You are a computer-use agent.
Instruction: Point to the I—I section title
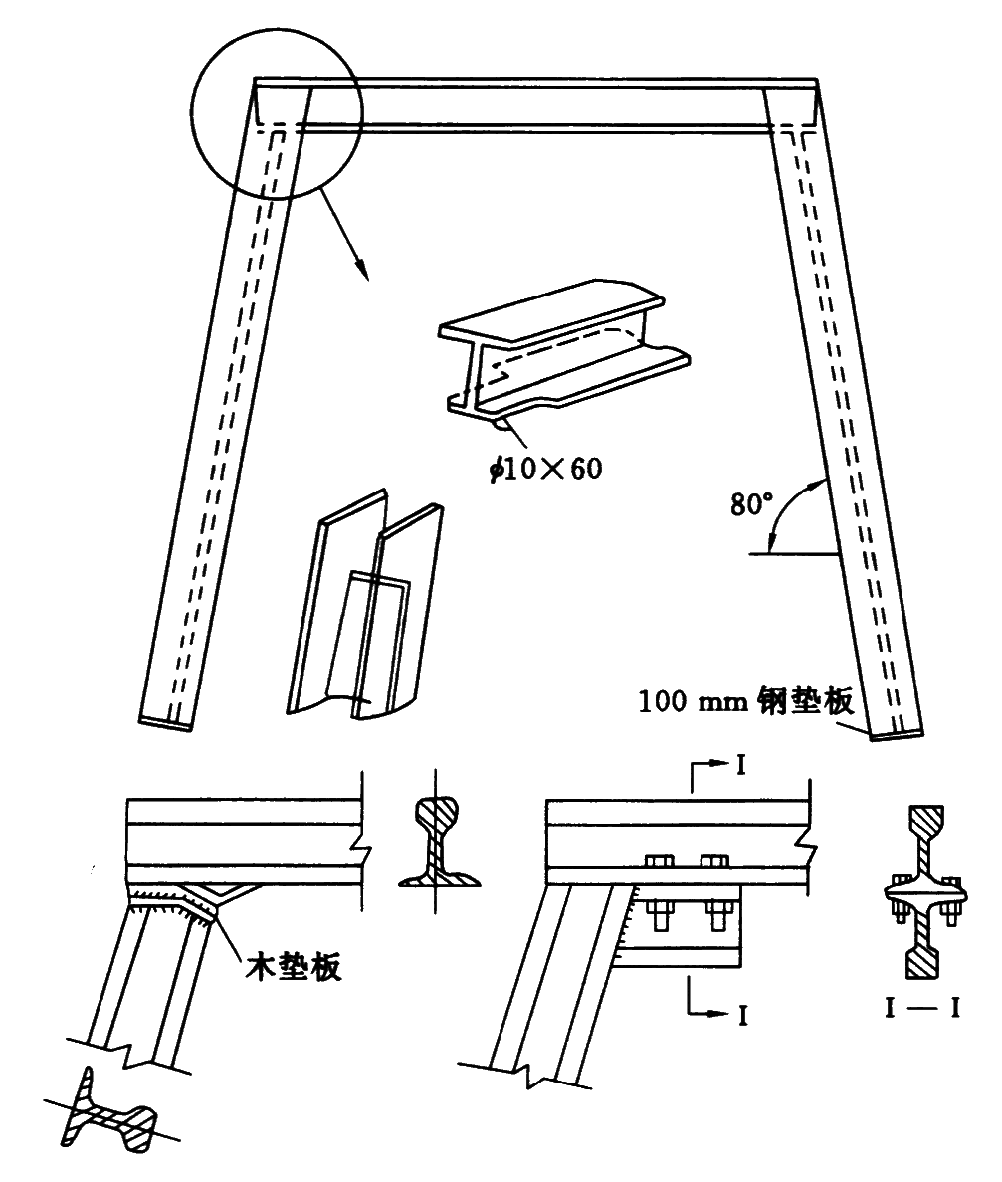(x=923, y=1009)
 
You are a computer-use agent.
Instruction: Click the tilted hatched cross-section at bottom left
(x=108, y=1114)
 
